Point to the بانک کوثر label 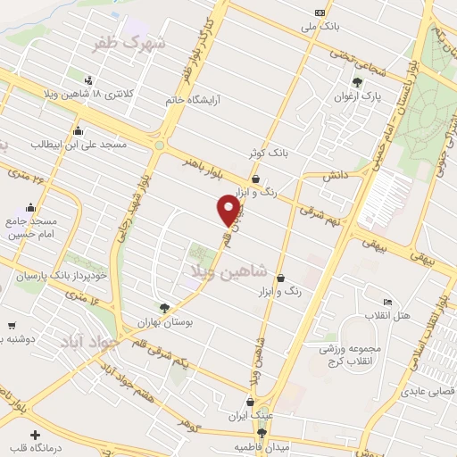[x=270, y=153]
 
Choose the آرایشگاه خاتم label [x=192, y=100]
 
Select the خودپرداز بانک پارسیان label [x=55, y=277]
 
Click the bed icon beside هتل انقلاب [x=386, y=303]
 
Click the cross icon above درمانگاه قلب [x=35, y=435]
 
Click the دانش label [x=336, y=176]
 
